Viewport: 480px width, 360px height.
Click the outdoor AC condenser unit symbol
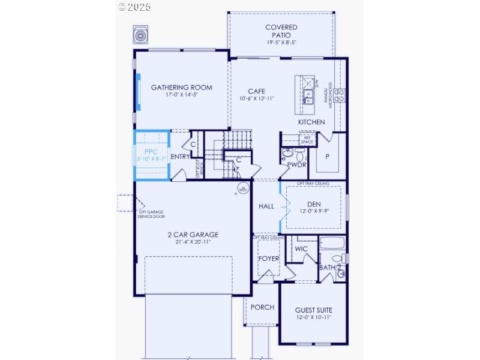click(140, 35)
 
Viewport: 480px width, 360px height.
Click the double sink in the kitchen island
click(308, 96)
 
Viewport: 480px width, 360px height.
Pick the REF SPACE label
click(307, 140)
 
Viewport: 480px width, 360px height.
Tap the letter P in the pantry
click(327, 156)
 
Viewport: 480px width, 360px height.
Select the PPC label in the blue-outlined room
click(150, 152)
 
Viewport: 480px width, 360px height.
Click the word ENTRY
click(181, 157)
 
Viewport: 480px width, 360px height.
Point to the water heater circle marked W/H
click(243, 190)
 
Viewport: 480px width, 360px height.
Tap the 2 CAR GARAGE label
click(193, 235)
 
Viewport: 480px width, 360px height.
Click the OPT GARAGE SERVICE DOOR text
click(151, 214)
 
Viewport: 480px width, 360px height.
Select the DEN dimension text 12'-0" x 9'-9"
click(314, 211)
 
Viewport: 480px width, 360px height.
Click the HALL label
click(266, 206)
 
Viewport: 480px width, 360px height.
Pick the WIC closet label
click(301, 248)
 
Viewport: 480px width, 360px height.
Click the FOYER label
click(268, 259)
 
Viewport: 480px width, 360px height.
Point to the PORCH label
click(262, 307)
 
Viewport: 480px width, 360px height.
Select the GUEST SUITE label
click(313, 310)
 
